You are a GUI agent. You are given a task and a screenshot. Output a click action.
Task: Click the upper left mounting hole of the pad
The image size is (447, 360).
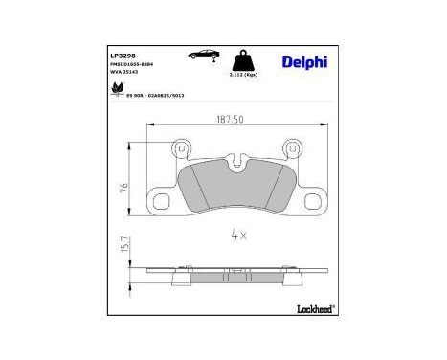click(180, 148)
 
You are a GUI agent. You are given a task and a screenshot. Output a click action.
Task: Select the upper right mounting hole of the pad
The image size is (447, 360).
click(293, 148)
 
